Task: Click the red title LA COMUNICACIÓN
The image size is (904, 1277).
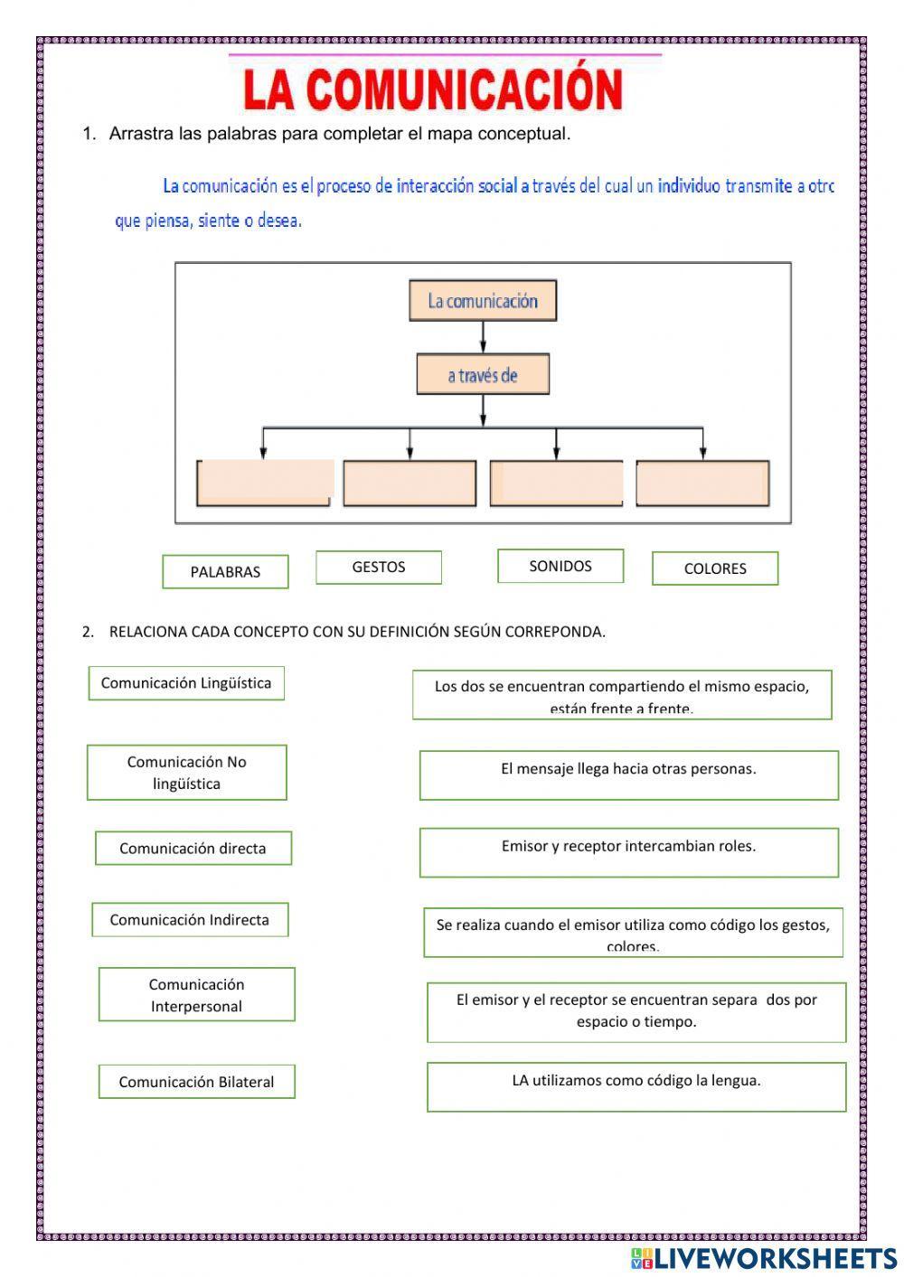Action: (433, 89)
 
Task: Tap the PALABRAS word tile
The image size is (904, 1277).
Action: (225, 571)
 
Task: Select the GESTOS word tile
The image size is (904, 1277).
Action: (379, 568)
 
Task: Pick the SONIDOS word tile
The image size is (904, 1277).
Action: (560, 566)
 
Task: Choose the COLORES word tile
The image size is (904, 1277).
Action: (715, 568)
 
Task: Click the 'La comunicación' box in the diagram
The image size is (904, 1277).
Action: (483, 301)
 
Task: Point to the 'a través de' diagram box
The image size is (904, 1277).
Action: (483, 375)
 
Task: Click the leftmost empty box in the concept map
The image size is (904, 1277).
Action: (264, 483)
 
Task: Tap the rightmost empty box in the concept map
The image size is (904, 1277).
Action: (702, 483)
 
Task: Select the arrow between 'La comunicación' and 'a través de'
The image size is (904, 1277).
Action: (484, 336)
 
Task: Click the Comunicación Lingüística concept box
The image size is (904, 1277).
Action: (186, 683)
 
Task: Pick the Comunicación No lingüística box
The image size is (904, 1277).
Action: (186, 773)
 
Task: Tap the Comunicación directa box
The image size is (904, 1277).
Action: (193, 849)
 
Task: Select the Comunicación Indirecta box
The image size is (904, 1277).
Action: (190, 920)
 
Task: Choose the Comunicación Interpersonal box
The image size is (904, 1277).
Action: (197, 995)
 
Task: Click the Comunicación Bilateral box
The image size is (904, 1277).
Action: (197, 1082)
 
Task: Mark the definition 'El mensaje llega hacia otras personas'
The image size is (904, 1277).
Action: (628, 775)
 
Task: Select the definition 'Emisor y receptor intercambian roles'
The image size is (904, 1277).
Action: (628, 852)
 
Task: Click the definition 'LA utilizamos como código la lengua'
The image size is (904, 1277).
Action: (636, 1086)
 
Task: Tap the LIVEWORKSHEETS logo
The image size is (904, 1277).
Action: (764, 1258)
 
